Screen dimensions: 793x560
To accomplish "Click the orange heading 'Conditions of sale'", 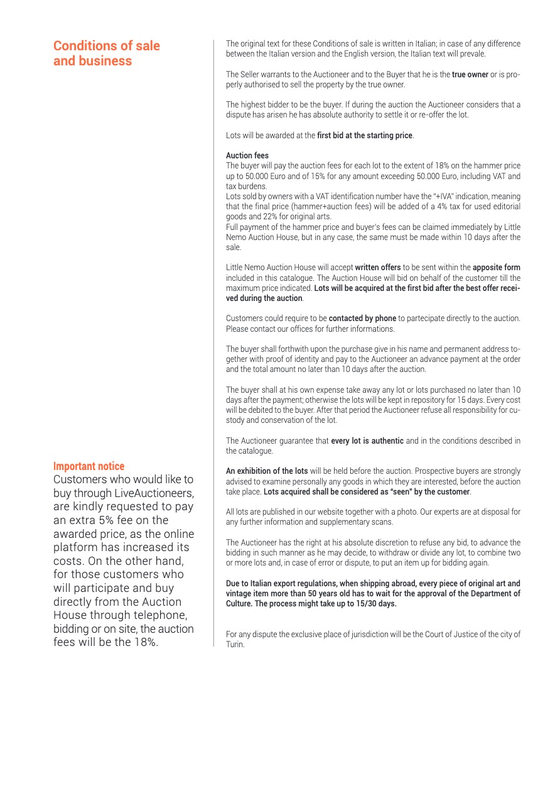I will click(107, 46).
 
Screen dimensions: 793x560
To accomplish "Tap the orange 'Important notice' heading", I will click(89, 466).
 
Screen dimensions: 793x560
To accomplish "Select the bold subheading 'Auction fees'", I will click(247, 155).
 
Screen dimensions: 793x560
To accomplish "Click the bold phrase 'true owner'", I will click(470, 75).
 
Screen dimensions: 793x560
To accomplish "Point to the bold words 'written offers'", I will click(378, 268).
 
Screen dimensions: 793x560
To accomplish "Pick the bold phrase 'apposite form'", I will click(497, 268).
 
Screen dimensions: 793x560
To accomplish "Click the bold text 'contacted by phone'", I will click(362, 319).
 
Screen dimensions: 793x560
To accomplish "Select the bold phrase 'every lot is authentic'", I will click(367, 440).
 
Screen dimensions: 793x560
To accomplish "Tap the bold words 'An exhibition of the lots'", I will click(267, 471).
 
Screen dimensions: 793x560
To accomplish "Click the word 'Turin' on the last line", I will click(235, 645).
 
